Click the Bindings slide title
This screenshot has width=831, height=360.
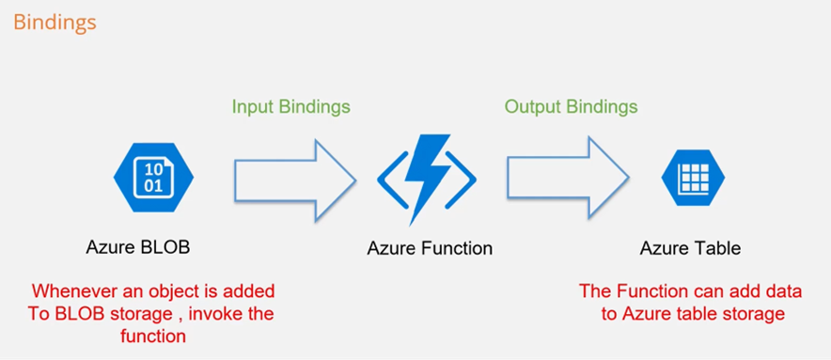(x=54, y=22)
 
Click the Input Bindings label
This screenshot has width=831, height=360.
(x=290, y=106)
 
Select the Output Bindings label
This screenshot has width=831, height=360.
(x=571, y=106)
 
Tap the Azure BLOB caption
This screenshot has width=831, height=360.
(x=145, y=248)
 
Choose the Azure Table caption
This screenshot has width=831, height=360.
(x=690, y=248)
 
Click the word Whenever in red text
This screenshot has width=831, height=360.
(x=70, y=291)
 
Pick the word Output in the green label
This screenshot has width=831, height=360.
(x=534, y=106)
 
